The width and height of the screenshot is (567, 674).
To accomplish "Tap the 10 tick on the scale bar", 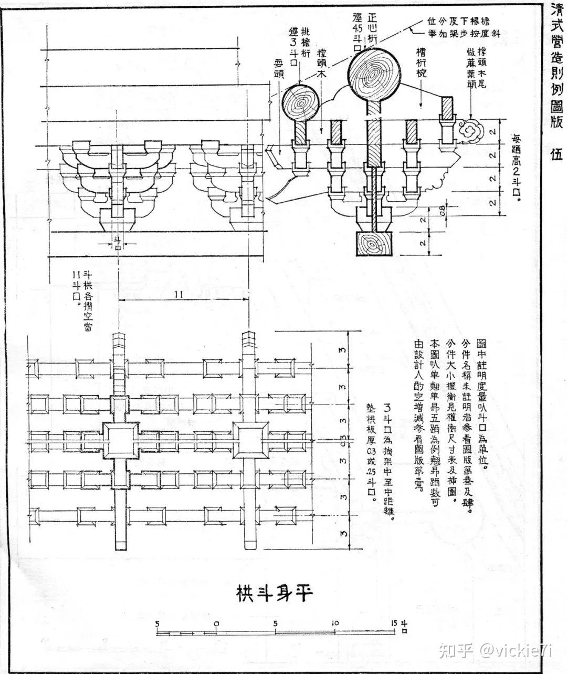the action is (335, 624).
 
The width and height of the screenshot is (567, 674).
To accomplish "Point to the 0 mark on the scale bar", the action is (216, 624).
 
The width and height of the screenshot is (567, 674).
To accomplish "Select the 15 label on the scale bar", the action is (395, 624).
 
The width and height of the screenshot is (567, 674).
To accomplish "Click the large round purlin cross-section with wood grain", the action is (373, 76).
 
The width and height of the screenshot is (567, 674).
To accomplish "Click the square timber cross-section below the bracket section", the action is (373, 244).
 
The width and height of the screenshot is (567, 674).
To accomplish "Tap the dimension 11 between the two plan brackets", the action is (178, 296).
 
